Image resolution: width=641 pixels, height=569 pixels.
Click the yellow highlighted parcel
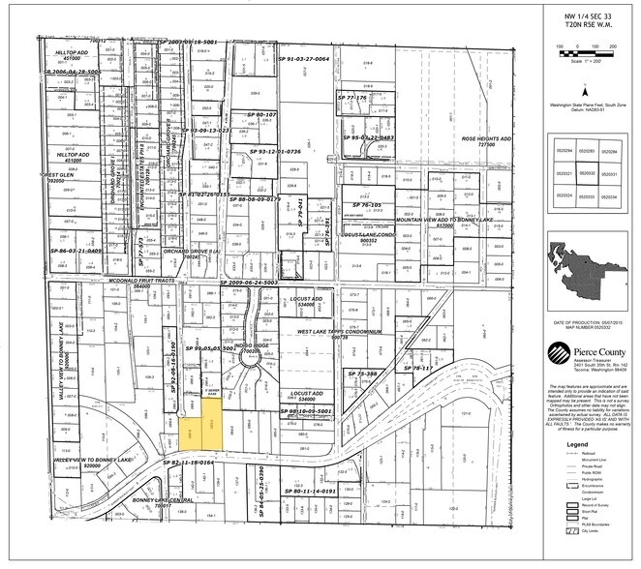[204, 432]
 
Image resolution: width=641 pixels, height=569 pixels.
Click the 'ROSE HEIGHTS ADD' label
[484, 139]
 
